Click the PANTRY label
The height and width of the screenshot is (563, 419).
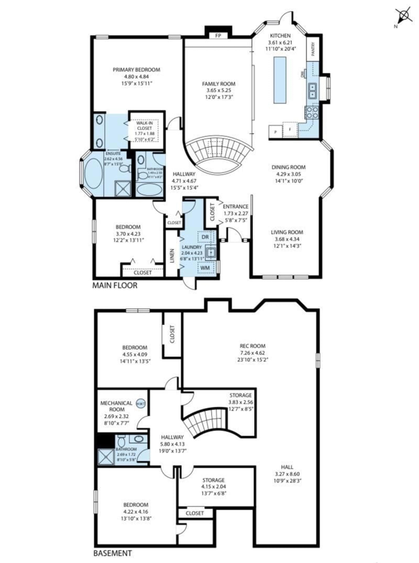tap(313, 49)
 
